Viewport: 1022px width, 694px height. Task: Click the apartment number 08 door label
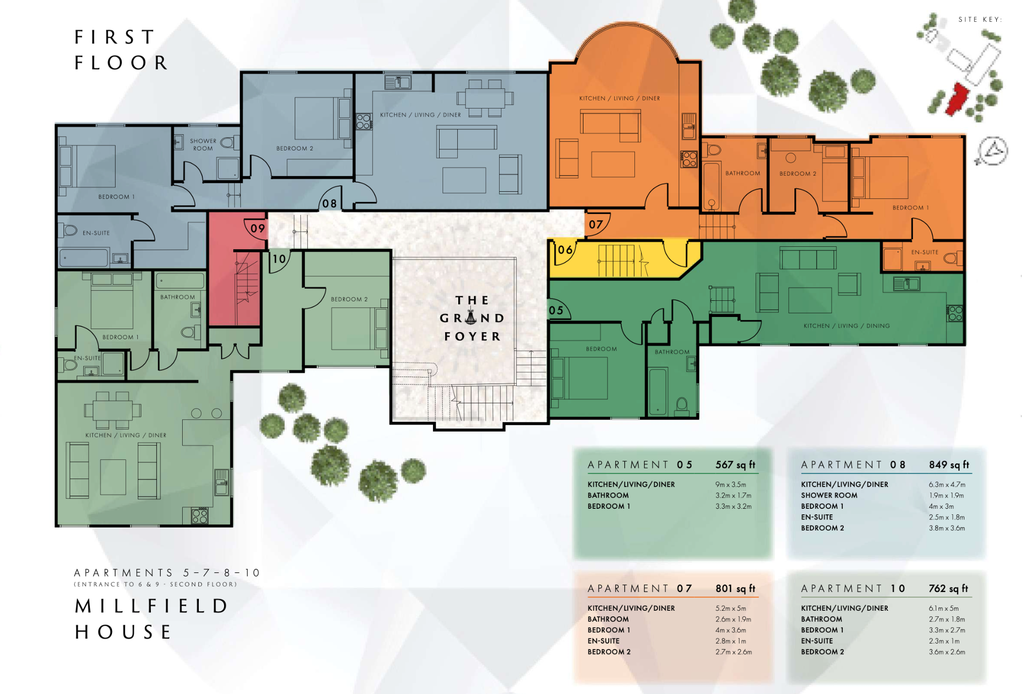click(329, 203)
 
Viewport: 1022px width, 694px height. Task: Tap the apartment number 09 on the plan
click(257, 228)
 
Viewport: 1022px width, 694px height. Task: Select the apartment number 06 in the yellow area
click(565, 250)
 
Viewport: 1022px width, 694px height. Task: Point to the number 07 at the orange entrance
click(596, 225)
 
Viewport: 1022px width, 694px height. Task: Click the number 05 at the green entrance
click(556, 310)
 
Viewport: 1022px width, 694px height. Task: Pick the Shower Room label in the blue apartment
click(203, 145)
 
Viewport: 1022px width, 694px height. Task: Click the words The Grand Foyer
click(472, 318)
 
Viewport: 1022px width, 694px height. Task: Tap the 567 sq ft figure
click(735, 465)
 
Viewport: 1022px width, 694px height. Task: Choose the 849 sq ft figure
click(949, 465)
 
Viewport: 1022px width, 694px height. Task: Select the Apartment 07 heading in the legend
click(639, 589)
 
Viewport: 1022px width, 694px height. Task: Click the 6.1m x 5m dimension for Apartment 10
click(943, 608)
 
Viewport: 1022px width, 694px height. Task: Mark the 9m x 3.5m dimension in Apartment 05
click(730, 485)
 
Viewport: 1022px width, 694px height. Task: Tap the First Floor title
click(121, 50)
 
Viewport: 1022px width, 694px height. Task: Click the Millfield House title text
click(151, 619)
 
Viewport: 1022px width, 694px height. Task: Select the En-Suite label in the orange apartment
click(925, 252)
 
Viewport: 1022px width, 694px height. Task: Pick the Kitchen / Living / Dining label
click(846, 326)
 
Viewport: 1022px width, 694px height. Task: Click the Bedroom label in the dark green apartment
click(601, 349)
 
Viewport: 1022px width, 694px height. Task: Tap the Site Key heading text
click(980, 20)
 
